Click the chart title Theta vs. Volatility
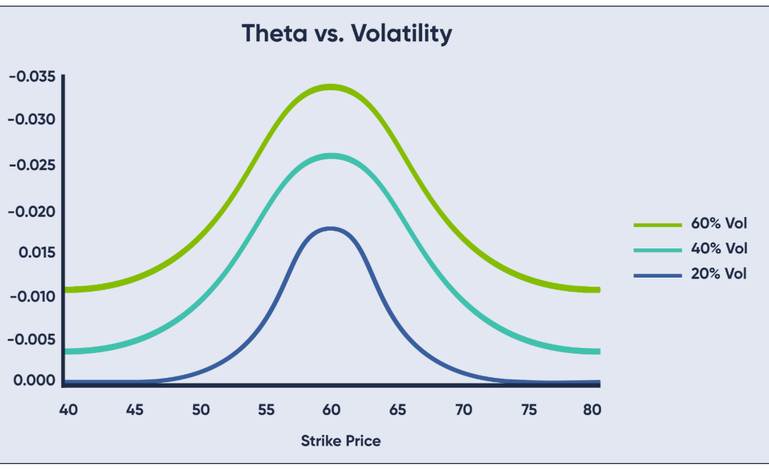point(347,33)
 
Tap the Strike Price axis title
point(340,441)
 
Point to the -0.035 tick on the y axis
point(31,76)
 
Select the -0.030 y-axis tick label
point(31,119)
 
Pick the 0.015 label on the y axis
point(33,253)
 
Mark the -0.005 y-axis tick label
point(31,339)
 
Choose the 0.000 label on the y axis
point(33,380)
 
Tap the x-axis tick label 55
point(266,410)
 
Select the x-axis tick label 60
point(331,410)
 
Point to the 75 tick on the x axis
point(529,410)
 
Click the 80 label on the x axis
point(592,410)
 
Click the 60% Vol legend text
point(718,224)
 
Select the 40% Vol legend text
point(718,248)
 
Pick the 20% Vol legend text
point(718,273)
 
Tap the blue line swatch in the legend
point(657,274)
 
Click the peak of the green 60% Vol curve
point(330,87)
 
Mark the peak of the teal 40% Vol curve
point(330,155)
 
